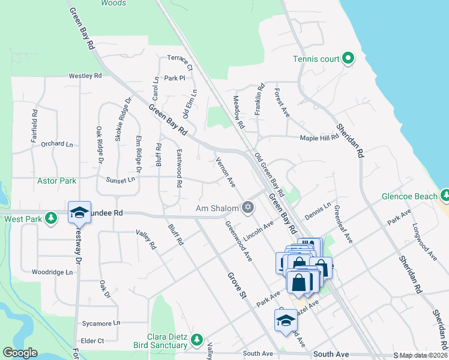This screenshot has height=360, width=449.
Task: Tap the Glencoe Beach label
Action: [410, 196]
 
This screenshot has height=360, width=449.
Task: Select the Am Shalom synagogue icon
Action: [248, 208]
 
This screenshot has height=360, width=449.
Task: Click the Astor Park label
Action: [56, 181]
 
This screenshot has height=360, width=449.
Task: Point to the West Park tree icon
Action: [52, 217]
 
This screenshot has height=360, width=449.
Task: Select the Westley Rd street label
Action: [85, 76]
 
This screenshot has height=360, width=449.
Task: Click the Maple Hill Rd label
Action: [320, 138]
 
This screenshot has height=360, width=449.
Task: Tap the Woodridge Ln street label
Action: [52, 272]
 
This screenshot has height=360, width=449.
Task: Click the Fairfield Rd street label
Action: [35, 125]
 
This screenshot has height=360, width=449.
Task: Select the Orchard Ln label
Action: [56, 144]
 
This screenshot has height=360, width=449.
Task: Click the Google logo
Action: [20, 353]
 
